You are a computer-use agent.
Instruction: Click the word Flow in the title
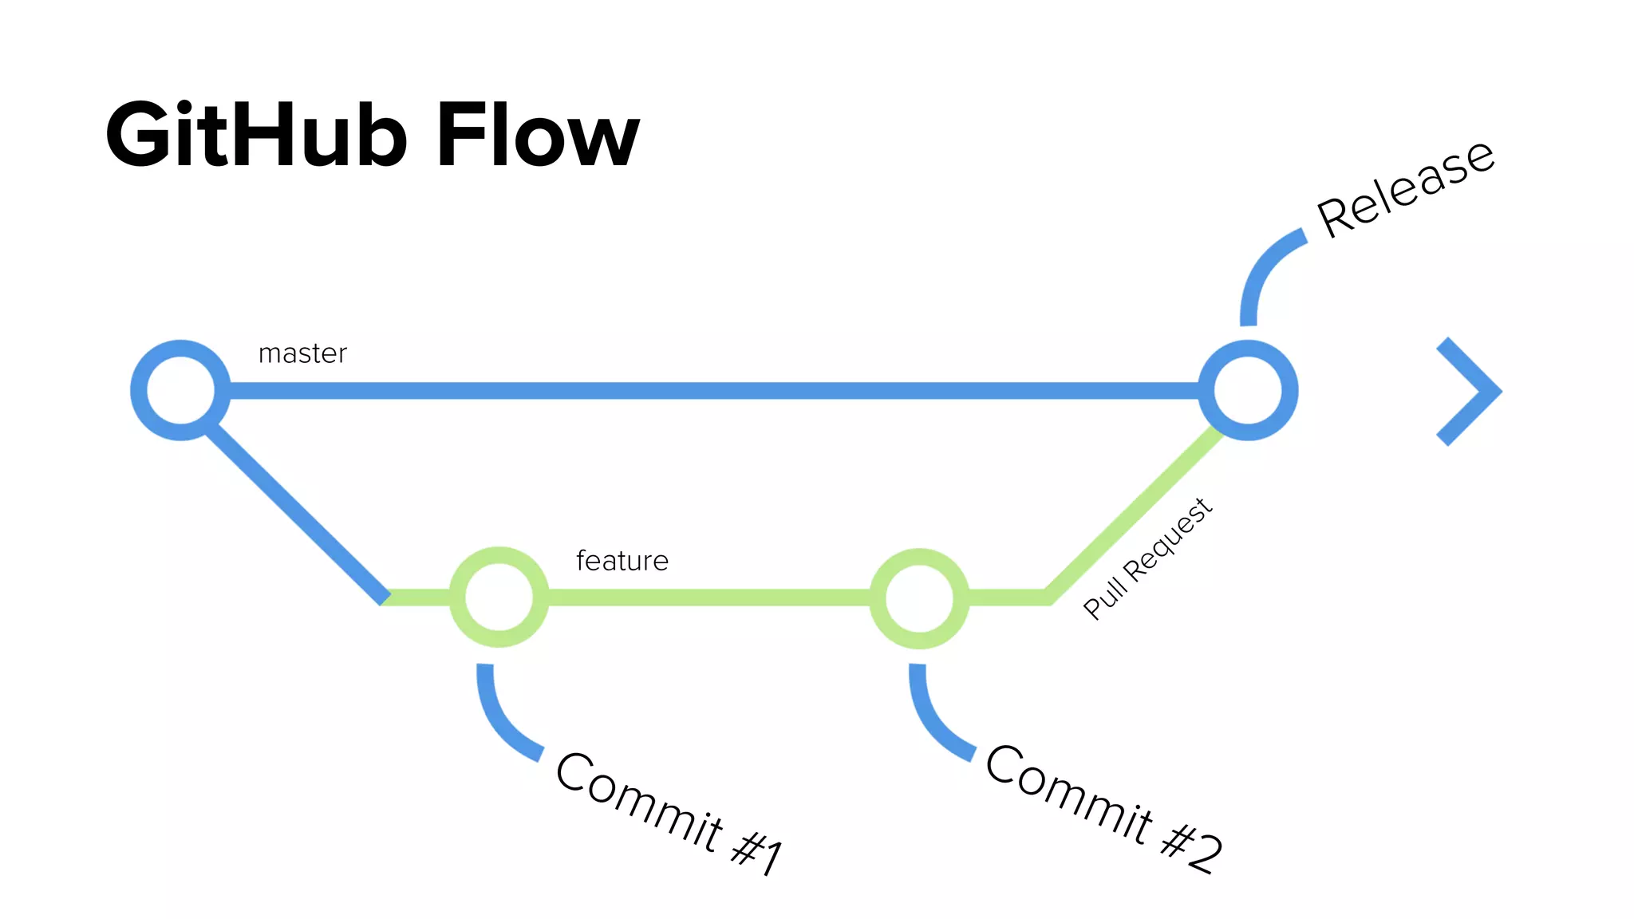pyautogui.click(x=538, y=136)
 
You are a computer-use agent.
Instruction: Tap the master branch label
pyautogui.click(x=302, y=353)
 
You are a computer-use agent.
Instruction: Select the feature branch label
pyautogui.click(x=622, y=561)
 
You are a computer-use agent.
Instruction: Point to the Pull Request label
pyautogui.click(x=1147, y=558)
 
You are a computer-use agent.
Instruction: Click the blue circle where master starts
pyautogui.click(x=180, y=390)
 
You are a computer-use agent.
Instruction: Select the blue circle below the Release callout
pyautogui.click(x=1248, y=390)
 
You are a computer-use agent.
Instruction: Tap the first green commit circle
pyautogui.click(x=499, y=597)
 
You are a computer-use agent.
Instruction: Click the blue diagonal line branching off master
pyautogui.click(x=295, y=514)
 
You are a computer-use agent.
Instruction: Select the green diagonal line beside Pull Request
pyautogui.click(x=1133, y=515)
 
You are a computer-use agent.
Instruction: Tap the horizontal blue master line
pyautogui.click(x=710, y=390)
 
